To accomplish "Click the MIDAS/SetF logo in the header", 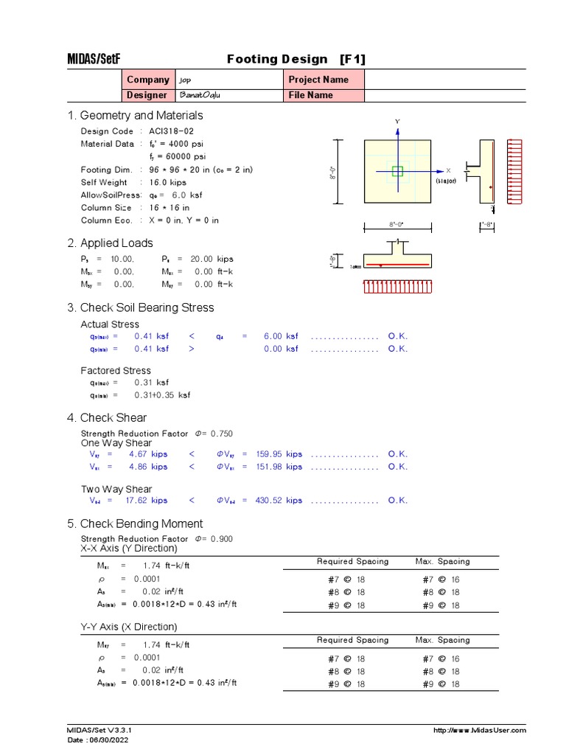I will pyautogui.click(x=93, y=59).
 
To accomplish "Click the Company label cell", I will pyautogui.click(x=147, y=80).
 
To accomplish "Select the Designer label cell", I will pyautogui.click(x=147, y=95).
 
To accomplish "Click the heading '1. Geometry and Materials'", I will pyautogui.click(x=135, y=116).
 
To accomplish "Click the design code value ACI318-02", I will pyautogui.click(x=172, y=131).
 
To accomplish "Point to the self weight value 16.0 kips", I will pyautogui.click(x=170, y=182).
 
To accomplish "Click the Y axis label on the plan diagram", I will pyautogui.click(x=397, y=121).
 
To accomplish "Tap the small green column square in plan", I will pyautogui.click(x=398, y=171).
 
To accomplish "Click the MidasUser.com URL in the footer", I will pyautogui.click(x=481, y=731).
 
